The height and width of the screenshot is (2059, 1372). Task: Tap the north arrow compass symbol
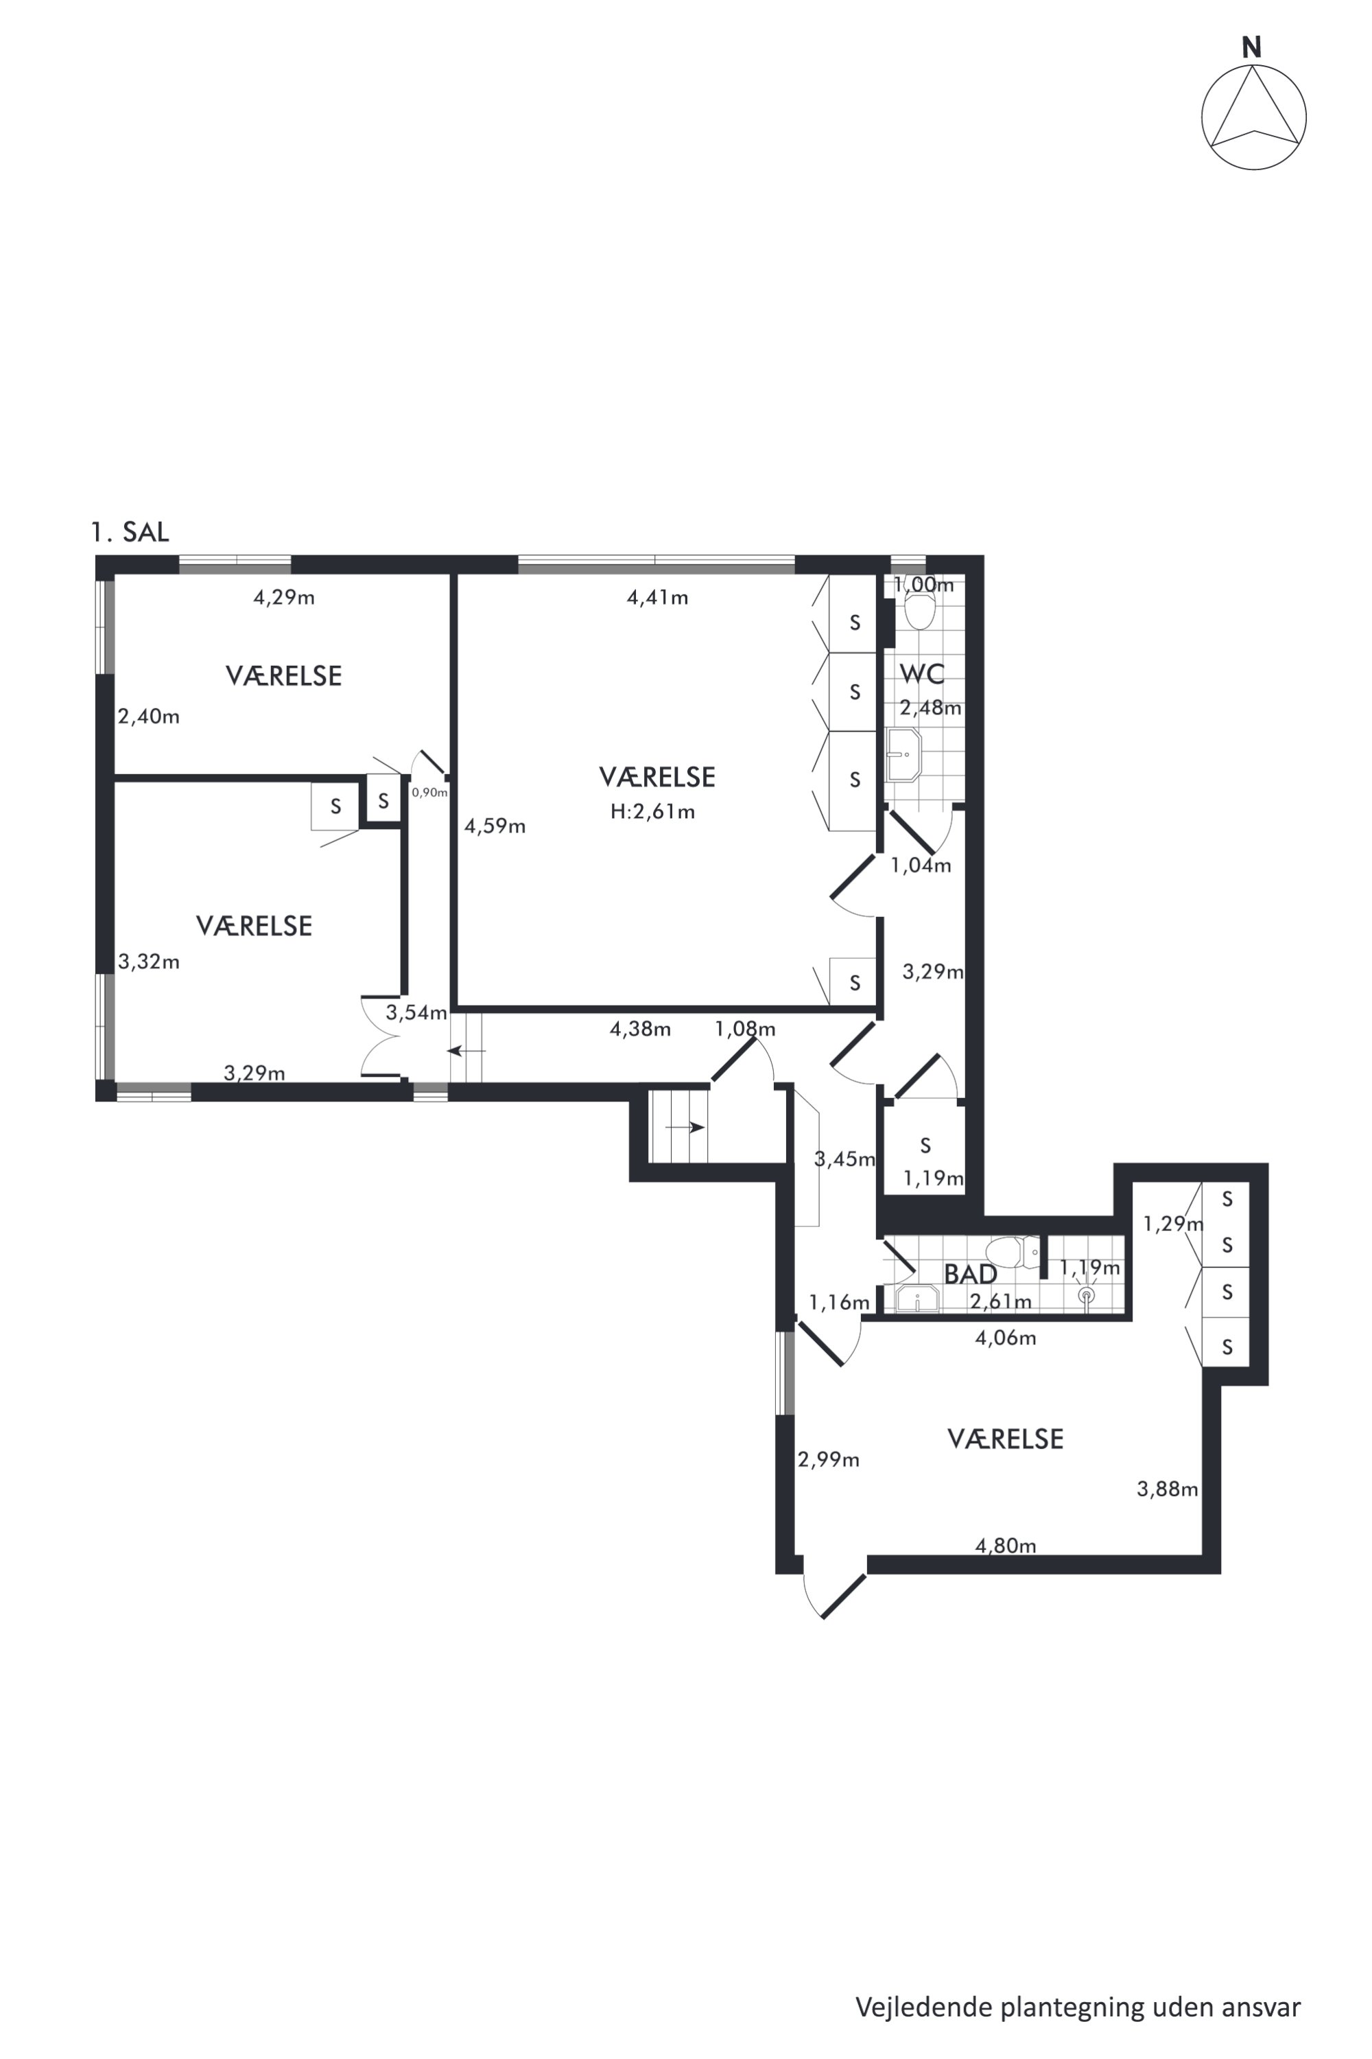(x=1254, y=117)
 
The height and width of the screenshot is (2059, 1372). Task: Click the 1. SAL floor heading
(x=130, y=533)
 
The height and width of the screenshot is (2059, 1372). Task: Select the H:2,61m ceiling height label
(x=653, y=811)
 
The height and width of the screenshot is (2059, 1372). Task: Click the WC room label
(x=922, y=674)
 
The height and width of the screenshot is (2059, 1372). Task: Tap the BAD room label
(x=971, y=1274)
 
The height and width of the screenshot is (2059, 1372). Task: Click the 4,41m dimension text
(x=658, y=598)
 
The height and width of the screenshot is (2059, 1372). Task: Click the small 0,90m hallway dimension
(x=429, y=792)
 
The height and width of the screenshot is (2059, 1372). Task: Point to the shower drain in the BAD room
(x=1087, y=1294)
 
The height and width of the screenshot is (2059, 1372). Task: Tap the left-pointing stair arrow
(x=466, y=1049)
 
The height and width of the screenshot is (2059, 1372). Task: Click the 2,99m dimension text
(x=829, y=1459)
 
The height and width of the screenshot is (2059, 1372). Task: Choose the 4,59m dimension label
(x=495, y=826)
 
